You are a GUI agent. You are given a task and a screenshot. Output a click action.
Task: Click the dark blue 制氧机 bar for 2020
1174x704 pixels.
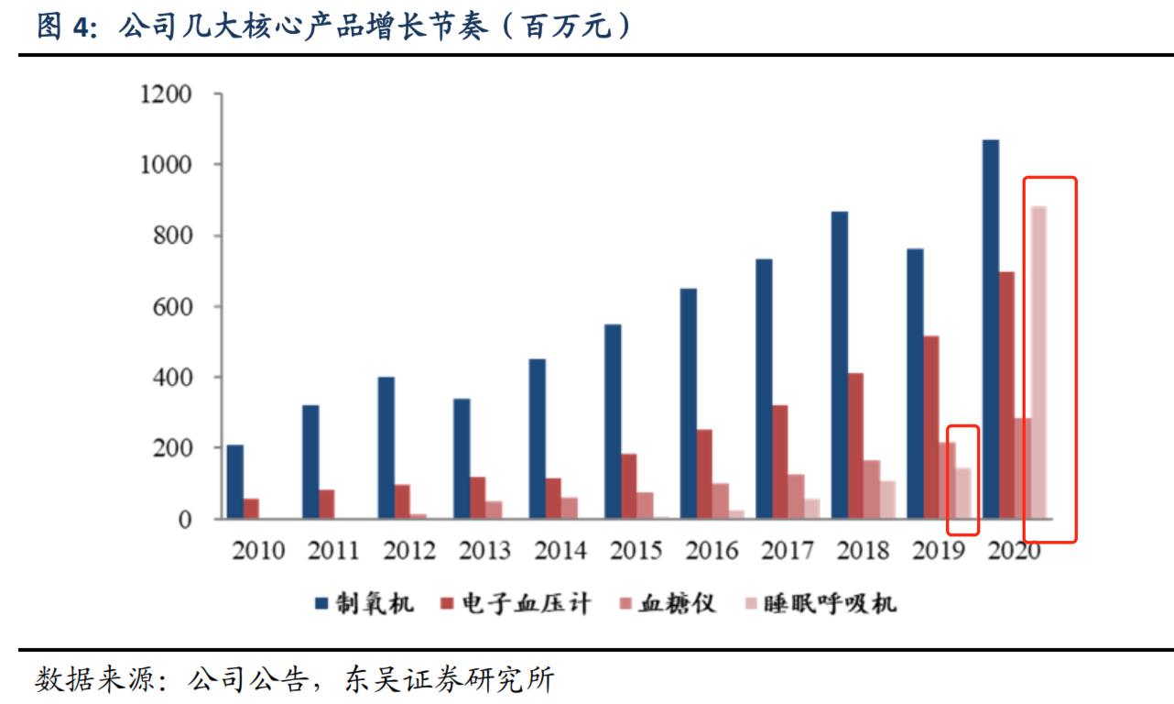991,330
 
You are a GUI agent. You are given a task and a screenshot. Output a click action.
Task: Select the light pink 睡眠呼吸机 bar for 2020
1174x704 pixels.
1038,363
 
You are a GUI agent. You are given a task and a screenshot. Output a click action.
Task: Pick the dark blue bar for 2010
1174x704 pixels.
235,482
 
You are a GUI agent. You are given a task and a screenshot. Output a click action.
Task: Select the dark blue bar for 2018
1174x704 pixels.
840,365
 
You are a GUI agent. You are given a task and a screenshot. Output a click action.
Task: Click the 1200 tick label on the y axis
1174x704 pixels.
166,94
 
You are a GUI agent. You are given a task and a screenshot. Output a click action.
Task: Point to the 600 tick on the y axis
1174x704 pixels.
172,306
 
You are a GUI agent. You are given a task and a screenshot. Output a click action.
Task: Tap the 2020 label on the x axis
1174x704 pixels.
1014,552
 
